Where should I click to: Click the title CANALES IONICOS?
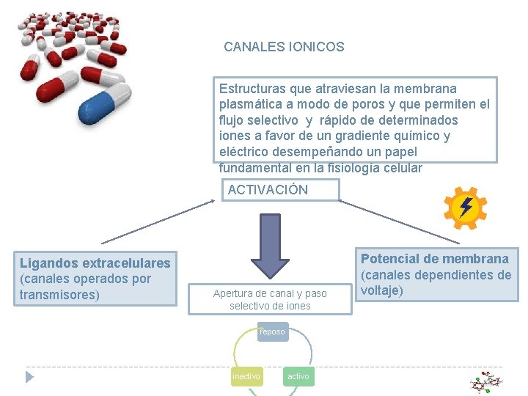pos(284,47)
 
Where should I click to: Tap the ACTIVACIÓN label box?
pos(281,190)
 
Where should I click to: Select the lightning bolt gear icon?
pos(466,208)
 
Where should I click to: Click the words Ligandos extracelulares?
pos(95,263)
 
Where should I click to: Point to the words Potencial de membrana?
pos(434,259)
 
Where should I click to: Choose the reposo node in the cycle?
pos(272,331)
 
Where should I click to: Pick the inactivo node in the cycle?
pos(246,376)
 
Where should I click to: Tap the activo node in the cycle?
pos(298,376)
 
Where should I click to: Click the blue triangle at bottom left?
pos(29,377)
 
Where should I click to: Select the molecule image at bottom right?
pos(486,382)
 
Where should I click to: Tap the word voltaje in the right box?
pos(381,290)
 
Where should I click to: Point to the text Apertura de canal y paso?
pos(270,293)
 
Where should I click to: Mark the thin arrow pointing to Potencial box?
pos(400,219)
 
